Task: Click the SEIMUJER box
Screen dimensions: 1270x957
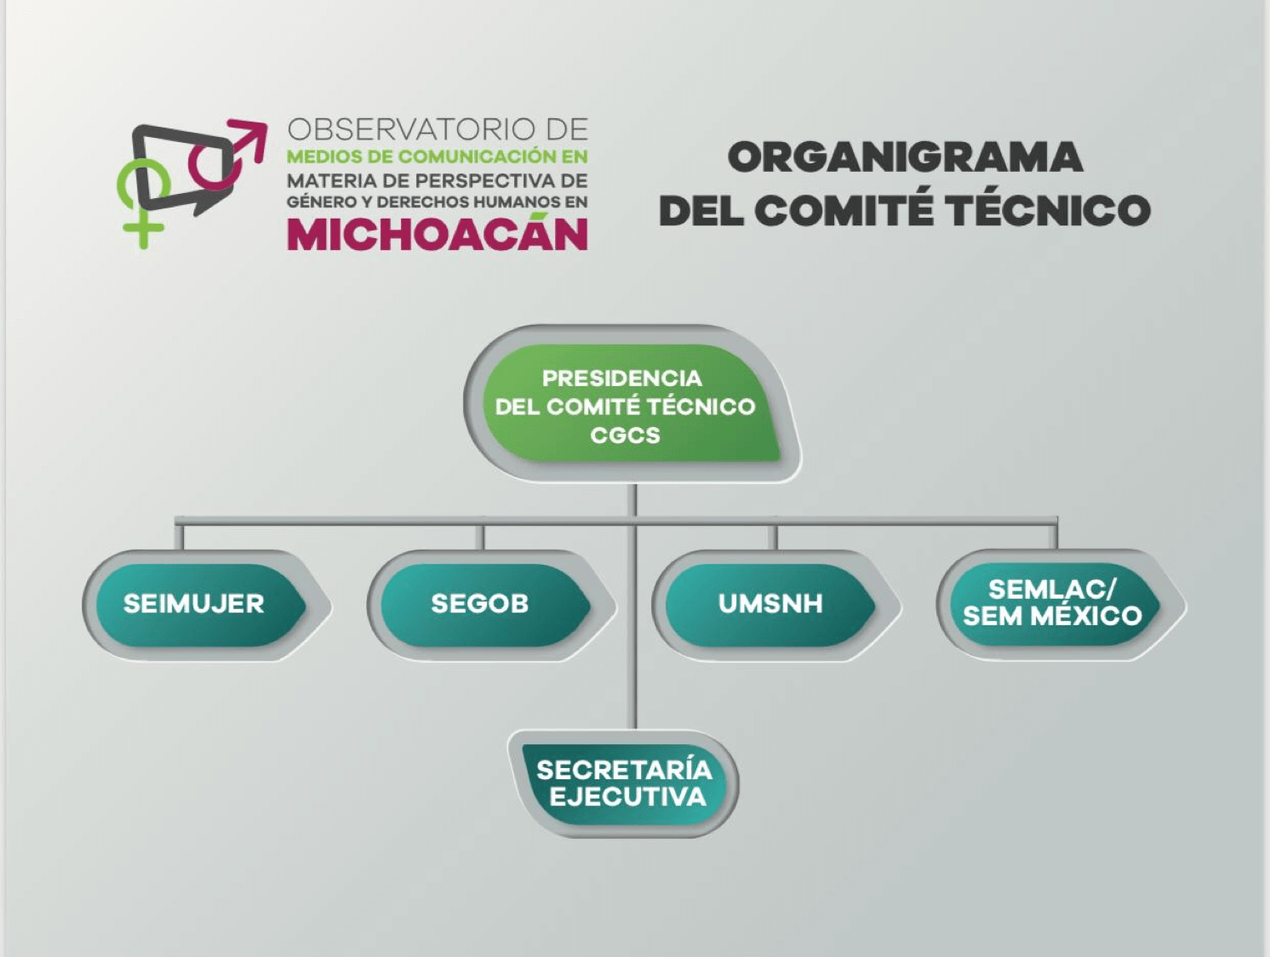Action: pyautogui.click(x=201, y=605)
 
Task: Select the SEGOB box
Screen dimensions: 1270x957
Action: pyautogui.click(x=485, y=605)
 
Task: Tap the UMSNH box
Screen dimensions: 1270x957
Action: pyautogui.click(x=770, y=605)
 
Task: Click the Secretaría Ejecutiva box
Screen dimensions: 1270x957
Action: pyautogui.click(x=623, y=783)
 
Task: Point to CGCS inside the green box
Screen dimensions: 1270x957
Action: pyautogui.click(x=625, y=436)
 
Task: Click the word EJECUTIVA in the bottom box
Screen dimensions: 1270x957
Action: pyautogui.click(x=628, y=797)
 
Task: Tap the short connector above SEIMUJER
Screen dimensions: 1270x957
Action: pyautogui.click(x=180, y=537)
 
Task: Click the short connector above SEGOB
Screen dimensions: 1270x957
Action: pyautogui.click(x=479, y=537)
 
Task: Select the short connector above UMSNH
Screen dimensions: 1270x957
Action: pyautogui.click(x=772, y=537)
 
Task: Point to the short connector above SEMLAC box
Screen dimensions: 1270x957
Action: pyautogui.click(x=1053, y=536)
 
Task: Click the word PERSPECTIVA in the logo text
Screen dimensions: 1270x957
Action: pyautogui.click(x=478, y=181)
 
